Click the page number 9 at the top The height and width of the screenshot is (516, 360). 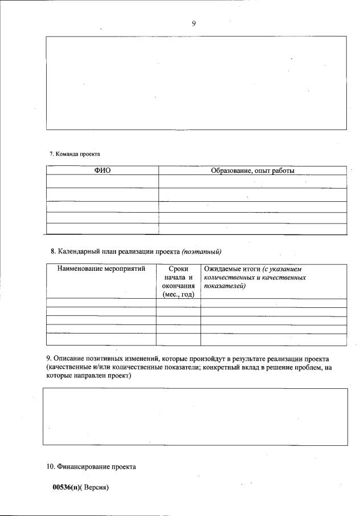tap(194, 23)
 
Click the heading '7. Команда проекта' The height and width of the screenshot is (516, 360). tap(74, 154)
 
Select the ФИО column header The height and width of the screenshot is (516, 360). tap(102, 170)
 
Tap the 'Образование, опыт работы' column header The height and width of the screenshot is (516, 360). tap(252, 170)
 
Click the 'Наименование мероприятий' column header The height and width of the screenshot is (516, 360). tap(101, 269)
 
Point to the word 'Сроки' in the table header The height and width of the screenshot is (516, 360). tap(178, 269)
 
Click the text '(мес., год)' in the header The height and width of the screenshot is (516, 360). tap(178, 294)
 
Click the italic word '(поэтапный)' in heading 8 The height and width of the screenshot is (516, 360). tap(201, 251)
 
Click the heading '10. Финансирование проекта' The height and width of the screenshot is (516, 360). tap(91, 466)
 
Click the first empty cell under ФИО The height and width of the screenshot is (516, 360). tap(102, 181)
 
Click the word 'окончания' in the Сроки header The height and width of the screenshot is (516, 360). tap(178, 286)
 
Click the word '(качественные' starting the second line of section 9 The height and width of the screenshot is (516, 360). tap(68, 368)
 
